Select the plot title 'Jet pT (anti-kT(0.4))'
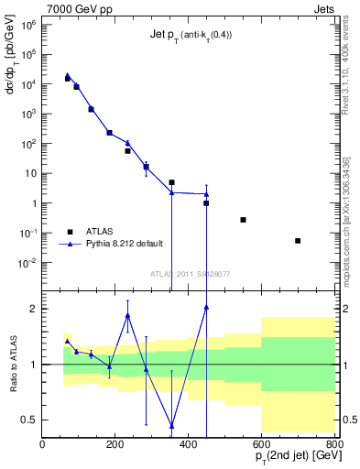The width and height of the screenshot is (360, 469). pos(191,36)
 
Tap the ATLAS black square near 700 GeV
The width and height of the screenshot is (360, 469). pos(298,241)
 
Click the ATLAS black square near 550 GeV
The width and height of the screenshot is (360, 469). pos(243,220)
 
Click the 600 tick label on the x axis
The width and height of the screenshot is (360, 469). pos(261,444)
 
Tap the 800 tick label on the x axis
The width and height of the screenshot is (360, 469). pos(333,444)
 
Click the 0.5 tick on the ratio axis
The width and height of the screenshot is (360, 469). pos(31,420)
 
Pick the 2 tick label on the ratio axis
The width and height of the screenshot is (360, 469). pos(34,309)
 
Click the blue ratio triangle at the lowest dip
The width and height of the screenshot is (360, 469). pos(171,426)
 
